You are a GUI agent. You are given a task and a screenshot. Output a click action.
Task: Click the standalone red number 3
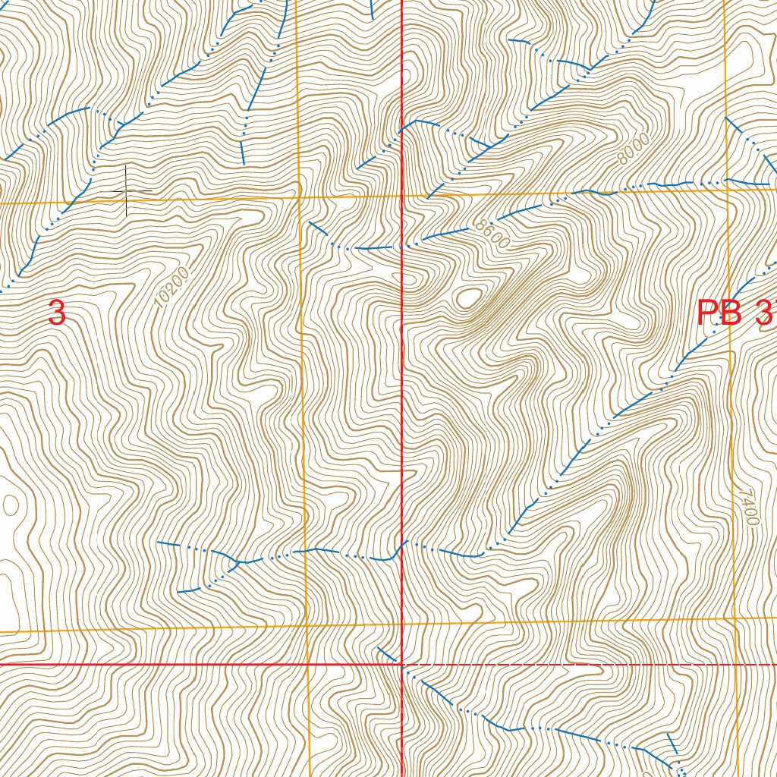click(57, 313)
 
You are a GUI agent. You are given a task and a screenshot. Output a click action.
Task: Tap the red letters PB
click(719, 313)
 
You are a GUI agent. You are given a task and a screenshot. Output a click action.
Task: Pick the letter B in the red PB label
click(730, 313)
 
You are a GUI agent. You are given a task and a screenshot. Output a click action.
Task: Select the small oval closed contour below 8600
click(468, 297)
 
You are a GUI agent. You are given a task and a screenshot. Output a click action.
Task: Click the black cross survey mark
click(127, 190)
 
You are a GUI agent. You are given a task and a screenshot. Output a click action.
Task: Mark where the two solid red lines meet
click(401, 664)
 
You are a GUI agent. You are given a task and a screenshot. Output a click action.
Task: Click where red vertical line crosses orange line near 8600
click(401, 195)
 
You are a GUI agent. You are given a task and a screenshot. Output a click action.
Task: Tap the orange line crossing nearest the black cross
click(299, 198)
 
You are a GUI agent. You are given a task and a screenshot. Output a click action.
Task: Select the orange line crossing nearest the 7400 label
click(735, 619)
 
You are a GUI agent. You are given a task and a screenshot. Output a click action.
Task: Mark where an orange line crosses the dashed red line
click(736, 664)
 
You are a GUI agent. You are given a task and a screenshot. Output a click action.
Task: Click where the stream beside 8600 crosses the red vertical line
click(401, 246)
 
